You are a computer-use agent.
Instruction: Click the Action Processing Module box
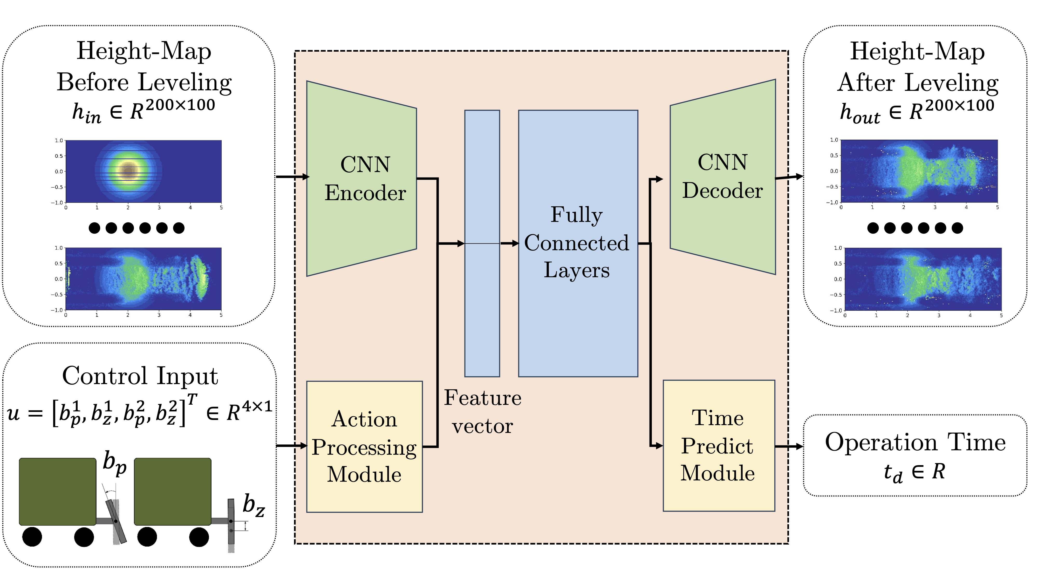364,446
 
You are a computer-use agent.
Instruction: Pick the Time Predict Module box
719,445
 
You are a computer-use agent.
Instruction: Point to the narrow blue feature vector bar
482,306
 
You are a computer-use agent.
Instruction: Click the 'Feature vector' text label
482,412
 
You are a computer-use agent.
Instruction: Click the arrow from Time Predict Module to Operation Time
789,446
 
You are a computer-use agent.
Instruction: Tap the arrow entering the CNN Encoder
292,176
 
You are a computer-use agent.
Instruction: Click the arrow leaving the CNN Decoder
789,177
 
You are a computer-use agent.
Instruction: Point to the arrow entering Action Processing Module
292,445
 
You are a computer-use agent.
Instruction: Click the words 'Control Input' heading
140,376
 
